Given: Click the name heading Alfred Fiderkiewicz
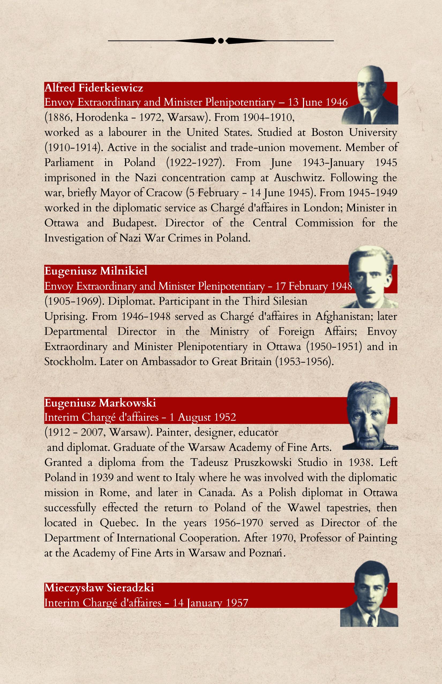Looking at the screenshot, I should [x=93, y=88].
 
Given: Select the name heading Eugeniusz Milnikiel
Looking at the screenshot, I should [x=96, y=271].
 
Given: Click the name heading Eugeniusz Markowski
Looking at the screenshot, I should [x=100, y=403].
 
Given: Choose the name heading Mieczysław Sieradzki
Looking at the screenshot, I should [x=99, y=588].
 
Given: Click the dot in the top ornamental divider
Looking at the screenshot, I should [x=221, y=41].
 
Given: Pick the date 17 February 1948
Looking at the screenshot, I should [x=313, y=286].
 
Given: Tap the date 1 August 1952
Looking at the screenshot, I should [x=202, y=417].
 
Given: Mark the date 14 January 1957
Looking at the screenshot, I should [x=210, y=602].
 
